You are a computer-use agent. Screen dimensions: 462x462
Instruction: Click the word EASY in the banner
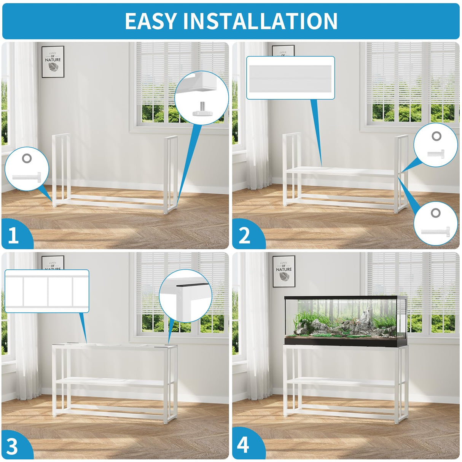pyautogui.click(x=151, y=21)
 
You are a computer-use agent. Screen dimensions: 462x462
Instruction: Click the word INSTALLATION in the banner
pyautogui.click(x=260, y=21)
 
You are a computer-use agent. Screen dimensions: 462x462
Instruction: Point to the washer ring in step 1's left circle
pyautogui.click(x=27, y=158)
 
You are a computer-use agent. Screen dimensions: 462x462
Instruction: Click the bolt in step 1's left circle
pyautogui.click(x=27, y=177)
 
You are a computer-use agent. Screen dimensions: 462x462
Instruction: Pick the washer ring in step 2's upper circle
pyautogui.click(x=437, y=136)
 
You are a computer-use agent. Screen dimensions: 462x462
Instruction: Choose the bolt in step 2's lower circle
pyautogui.click(x=435, y=232)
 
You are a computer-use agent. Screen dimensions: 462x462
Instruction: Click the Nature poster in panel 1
pyautogui.click(x=53, y=62)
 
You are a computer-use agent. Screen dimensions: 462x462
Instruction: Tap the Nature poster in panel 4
pyautogui.click(x=284, y=271)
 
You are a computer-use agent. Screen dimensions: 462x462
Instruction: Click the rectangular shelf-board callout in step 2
pyautogui.click(x=290, y=78)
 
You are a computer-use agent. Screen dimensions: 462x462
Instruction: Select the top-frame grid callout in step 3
pyautogui.click(x=47, y=291)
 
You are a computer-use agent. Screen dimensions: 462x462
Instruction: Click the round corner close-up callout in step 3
pyautogui.click(x=185, y=296)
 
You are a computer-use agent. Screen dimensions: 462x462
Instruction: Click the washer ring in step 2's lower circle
pyautogui.click(x=435, y=213)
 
